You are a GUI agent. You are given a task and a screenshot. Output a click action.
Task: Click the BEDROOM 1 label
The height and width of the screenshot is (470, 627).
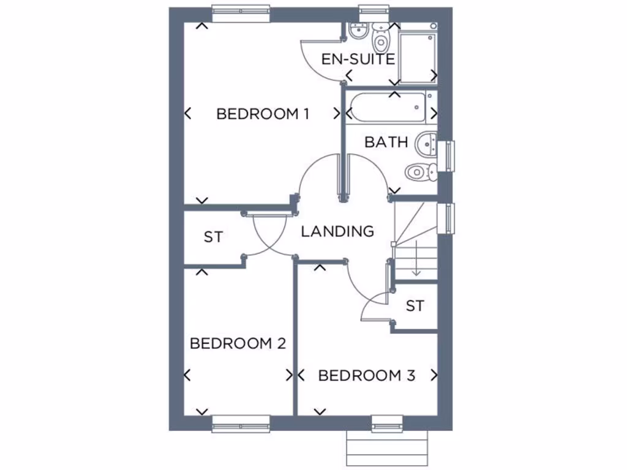pyautogui.click(x=262, y=114)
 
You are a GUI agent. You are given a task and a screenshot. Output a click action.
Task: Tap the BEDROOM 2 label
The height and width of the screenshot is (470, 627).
pyautogui.click(x=238, y=343)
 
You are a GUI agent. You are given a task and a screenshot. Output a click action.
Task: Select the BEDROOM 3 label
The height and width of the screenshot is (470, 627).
pyautogui.click(x=367, y=375)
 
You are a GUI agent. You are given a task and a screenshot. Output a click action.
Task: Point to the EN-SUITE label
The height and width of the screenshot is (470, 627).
pyautogui.click(x=358, y=59)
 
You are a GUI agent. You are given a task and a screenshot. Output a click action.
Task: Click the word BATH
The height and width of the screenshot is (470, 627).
pyautogui.click(x=386, y=142)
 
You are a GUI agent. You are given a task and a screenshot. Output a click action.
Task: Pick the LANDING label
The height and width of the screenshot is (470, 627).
pyautogui.click(x=337, y=231)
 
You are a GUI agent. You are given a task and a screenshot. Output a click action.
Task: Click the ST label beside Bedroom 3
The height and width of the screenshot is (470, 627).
pyautogui.click(x=415, y=306)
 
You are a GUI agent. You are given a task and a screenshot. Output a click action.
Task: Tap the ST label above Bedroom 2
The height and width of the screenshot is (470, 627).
pyautogui.click(x=213, y=237)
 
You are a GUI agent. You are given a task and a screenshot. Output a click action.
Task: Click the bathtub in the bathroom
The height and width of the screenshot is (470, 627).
pyautogui.click(x=385, y=108)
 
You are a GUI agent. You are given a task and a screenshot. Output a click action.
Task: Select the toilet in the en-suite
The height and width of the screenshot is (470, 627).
pyautogui.click(x=381, y=40)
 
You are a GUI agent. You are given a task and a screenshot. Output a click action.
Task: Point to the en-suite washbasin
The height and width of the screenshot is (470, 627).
pyautogui.click(x=356, y=31)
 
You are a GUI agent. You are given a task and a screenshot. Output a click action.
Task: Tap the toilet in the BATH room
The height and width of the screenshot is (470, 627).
pyautogui.click(x=420, y=171)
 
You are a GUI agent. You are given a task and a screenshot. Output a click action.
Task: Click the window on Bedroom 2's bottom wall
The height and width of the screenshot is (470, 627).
pyautogui.click(x=241, y=423)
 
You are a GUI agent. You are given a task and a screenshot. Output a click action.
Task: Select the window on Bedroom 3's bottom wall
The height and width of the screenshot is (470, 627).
pyautogui.click(x=387, y=423)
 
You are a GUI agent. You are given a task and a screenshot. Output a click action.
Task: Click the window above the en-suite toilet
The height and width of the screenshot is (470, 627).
pyautogui.click(x=374, y=11)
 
